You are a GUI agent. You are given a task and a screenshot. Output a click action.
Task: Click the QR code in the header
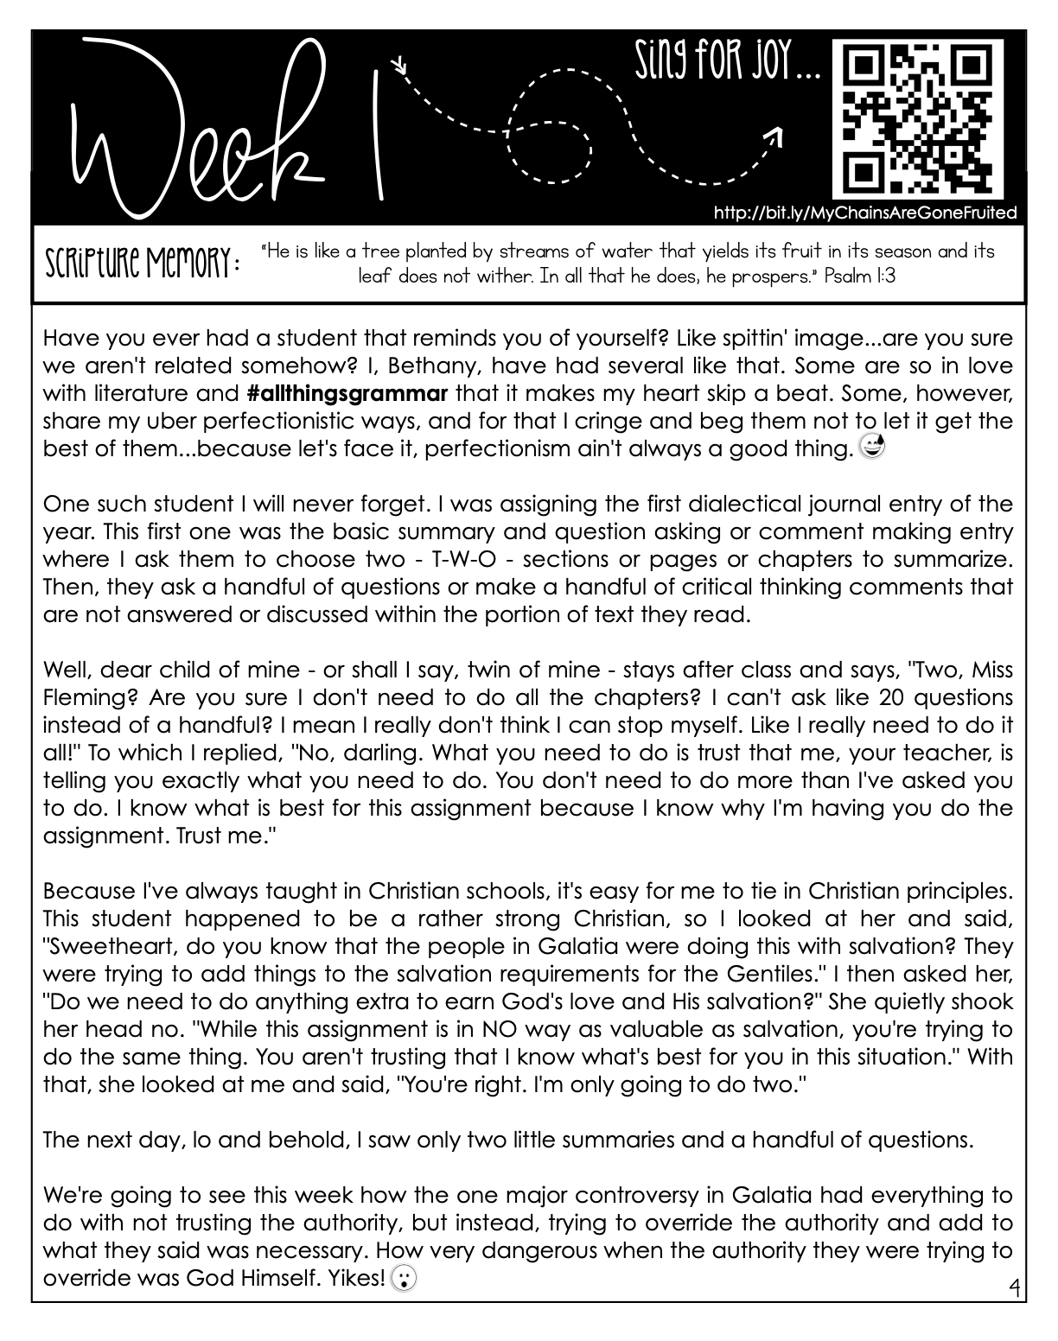[x=918, y=118]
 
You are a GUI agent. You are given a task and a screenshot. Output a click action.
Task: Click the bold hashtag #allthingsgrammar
[x=347, y=394]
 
